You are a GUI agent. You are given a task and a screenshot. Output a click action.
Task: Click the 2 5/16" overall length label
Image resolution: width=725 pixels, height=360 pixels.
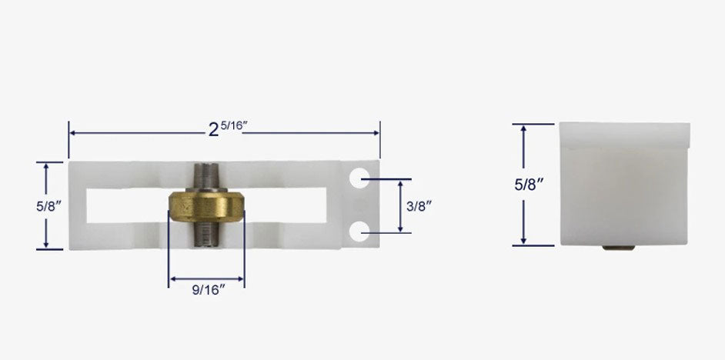click(x=226, y=130)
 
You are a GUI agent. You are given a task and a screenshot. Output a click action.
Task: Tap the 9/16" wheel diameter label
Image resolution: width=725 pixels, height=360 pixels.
click(x=207, y=291)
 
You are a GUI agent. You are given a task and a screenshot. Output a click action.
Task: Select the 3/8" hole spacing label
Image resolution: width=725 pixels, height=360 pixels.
click(x=419, y=205)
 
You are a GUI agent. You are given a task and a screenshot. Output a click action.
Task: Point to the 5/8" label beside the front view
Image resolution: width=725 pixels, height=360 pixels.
click(x=25, y=205)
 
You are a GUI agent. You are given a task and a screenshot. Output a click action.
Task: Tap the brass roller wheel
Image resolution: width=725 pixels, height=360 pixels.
click(x=206, y=205)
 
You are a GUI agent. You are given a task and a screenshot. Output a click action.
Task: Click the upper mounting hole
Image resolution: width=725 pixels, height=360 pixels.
click(x=359, y=179)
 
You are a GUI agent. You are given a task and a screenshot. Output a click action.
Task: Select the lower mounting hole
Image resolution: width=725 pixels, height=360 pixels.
click(x=359, y=231)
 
